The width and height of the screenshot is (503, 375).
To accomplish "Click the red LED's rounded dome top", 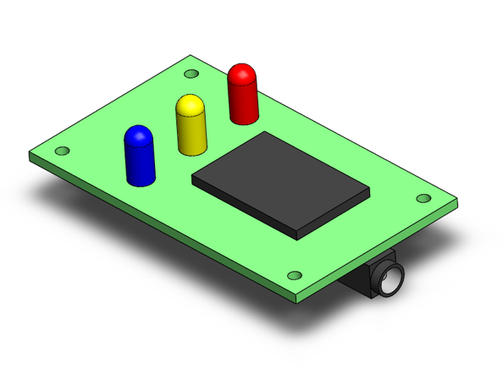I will (x=242, y=73).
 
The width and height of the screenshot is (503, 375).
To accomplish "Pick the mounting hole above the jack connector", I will (x=295, y=275).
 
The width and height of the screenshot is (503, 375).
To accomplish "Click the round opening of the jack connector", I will (x=391, y=282).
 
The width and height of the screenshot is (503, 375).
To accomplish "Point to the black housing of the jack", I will (x=364, y=284).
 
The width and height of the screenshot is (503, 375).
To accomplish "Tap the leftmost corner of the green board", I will (x=30, y=154).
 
